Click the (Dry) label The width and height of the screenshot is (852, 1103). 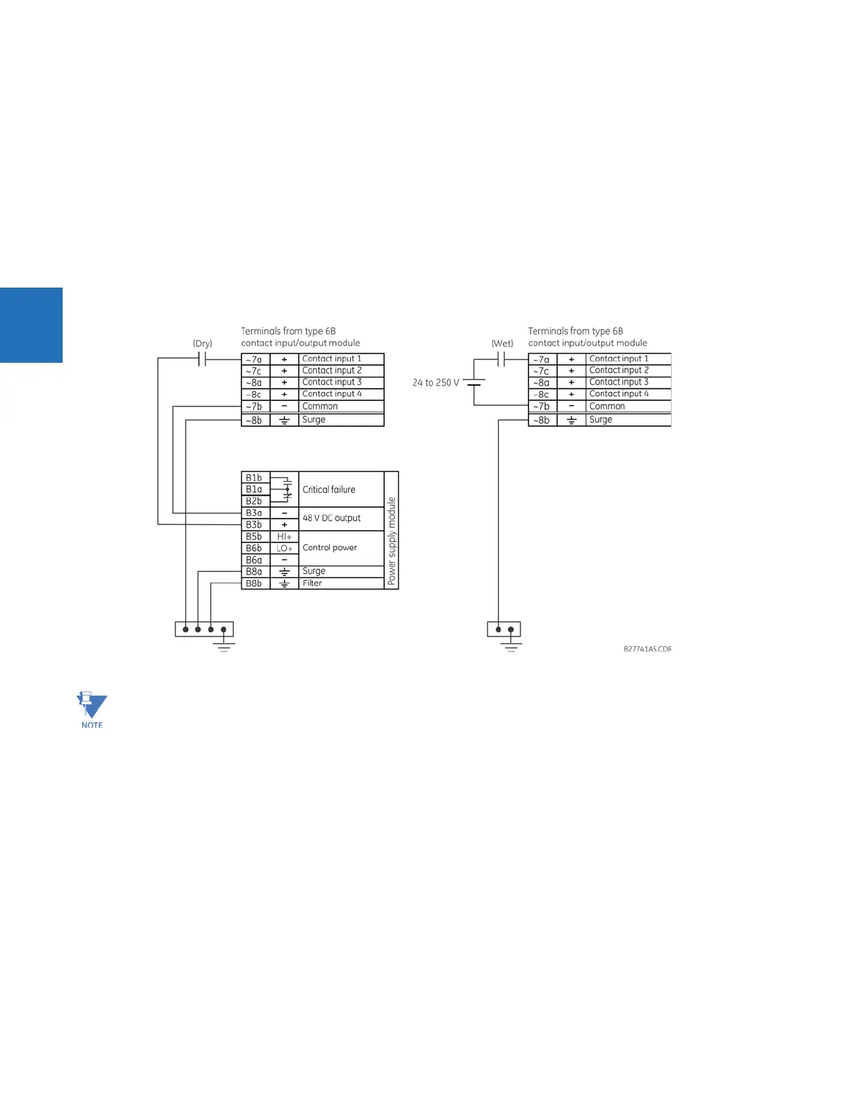pos(203,343)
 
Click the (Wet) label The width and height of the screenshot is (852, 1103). pos(502,343)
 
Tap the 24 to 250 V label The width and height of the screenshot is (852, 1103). pos(436,382)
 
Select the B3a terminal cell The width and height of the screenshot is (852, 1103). pos(254,513)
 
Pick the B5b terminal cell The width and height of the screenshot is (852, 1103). pos(254,537)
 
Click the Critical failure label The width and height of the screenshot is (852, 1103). pos(329,490)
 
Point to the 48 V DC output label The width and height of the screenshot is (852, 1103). pos(331,518)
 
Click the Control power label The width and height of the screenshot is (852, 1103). pos(330,548)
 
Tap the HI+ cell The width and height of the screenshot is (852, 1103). pos(284,537)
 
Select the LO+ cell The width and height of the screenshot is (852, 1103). pos(284,549)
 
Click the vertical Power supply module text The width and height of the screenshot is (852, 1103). pos(392,540)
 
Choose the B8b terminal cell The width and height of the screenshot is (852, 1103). pos(254,584)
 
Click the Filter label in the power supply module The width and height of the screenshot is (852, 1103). pos(313,584)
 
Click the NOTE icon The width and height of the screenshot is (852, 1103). pos(92,710)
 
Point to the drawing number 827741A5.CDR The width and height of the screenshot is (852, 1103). pos(647,649)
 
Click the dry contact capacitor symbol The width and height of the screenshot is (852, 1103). pos(203,359)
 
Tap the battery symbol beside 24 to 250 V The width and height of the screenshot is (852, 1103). pos(474,382)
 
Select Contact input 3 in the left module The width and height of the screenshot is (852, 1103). pos(332,382)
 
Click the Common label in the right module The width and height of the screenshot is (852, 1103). pos(607,407)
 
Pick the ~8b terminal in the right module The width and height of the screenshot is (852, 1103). pos(542,420)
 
